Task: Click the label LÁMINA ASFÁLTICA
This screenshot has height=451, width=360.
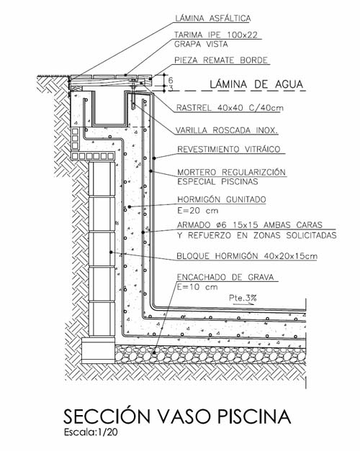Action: click(213, 18)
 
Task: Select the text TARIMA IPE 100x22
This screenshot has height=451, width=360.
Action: click(216, 35)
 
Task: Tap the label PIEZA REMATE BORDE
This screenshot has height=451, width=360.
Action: click(221, 60)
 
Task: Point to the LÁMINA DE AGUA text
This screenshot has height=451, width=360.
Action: click(256, 84)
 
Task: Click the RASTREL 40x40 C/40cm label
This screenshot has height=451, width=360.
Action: click(230, 108)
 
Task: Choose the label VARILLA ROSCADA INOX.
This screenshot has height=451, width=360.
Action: click(227, 130)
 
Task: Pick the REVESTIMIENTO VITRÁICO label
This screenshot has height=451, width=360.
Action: click(229, 150)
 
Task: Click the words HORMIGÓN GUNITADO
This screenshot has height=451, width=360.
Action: click(222, 199)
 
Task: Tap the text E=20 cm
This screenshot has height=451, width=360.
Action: click(197, 211)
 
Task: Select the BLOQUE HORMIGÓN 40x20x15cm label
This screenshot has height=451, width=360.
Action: click(247, 256)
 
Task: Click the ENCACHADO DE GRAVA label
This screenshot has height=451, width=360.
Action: click(225, 277)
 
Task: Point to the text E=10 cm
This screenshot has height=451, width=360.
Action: click(197, 287)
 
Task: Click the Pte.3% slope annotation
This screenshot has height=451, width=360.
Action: click(243, 299)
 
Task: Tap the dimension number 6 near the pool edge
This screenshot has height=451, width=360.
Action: click(171, 80)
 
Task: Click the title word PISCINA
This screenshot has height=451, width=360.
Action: click(253, 416)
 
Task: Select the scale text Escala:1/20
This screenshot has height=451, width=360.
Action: click(91, 432)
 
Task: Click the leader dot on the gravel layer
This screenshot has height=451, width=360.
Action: click(155, 352)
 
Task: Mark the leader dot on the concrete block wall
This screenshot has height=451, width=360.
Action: click(111, 252)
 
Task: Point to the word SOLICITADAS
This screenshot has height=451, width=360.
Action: click(311, 235)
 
